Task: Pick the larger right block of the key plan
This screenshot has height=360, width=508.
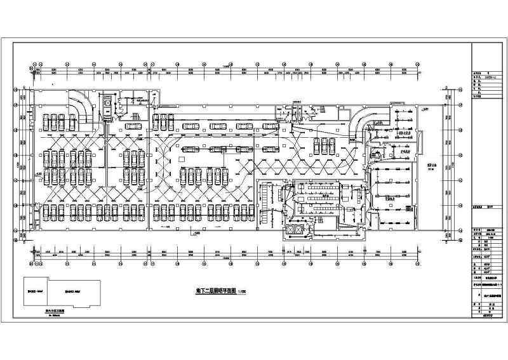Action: point(74,293)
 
